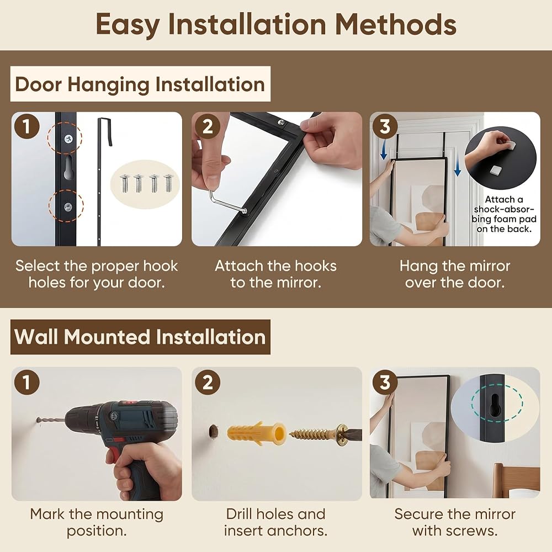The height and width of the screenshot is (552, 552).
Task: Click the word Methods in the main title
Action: [x=395, y=24]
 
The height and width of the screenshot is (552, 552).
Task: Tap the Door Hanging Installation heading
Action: [x=140, y=84]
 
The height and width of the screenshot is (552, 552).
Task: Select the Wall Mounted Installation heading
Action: [x=140, y=337]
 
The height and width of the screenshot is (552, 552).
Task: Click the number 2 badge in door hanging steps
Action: [x=208, y=126]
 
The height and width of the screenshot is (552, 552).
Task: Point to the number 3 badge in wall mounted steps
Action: [x=385, y=381]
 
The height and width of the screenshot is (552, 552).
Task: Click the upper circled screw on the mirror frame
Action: [x=68, y=139]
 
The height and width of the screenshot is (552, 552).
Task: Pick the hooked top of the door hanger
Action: [x=105, y=131]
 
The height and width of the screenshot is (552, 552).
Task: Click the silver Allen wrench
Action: [x=227, y=202]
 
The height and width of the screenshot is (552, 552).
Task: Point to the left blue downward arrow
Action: [x=384, y=148]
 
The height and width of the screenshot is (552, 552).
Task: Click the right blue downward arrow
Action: [x=457, y=162]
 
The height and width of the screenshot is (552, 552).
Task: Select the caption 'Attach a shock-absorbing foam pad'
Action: [x=504, y=214]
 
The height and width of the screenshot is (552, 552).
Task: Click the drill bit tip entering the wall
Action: [x=38, y=420]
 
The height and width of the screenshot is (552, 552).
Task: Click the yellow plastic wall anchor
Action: [x=256, y=433]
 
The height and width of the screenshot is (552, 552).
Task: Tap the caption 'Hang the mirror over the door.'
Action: [x=454, y=274]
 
